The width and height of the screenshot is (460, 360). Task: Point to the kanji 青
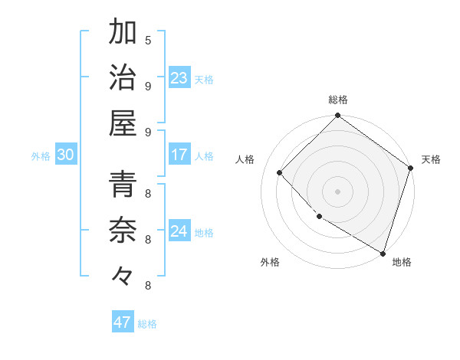pos(123,185)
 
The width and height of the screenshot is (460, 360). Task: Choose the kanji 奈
pos(123,230)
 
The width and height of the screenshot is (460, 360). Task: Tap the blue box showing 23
pos(179,78)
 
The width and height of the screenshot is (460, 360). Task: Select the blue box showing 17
pos(179,155)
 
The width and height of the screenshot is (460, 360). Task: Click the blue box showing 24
pos(179,231)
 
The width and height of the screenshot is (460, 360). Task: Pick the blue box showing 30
pos(65,155)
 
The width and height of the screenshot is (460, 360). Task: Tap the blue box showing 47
pos(123,322)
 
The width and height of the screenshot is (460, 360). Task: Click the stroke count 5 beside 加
pos(148,39)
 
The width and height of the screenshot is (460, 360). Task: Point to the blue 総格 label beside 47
pos(147,324)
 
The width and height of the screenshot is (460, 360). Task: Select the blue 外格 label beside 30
pos(41,156)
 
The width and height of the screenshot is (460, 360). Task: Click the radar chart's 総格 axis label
pos(337,100)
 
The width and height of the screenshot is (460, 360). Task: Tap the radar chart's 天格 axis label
pos(431,159)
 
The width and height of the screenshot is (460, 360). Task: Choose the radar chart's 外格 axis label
pos(270,262)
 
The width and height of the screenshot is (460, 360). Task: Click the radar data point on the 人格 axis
pos(280,172)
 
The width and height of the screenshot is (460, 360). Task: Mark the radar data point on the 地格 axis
pos(382,252)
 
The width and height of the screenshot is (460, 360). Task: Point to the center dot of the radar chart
pos(337,191)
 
